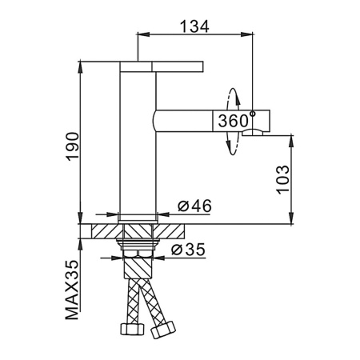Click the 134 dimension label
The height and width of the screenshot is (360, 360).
point(194,26)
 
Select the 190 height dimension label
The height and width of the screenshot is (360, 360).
point(72,146)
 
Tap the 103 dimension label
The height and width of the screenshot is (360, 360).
point(282,180)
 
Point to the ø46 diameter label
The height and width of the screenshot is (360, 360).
point(194,206)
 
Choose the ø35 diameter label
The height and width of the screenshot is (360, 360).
point(188,250)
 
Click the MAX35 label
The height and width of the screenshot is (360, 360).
point(72,290)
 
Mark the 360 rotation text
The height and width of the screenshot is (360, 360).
point(234,121)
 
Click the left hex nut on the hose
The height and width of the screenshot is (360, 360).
point(133,329)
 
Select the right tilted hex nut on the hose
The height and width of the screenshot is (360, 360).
point(163,330)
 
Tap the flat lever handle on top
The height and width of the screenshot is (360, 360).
point(162,66)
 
